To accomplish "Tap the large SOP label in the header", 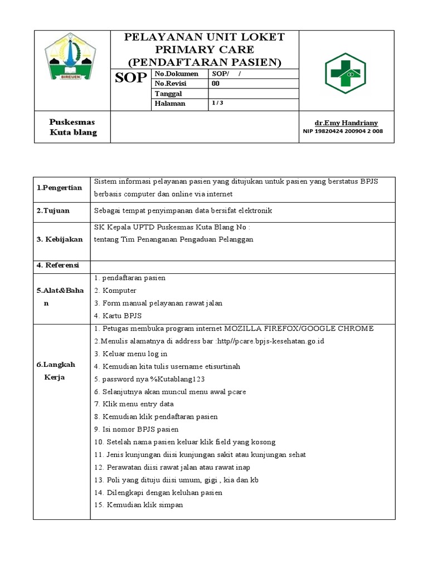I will click(131, 78).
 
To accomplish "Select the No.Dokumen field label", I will click(176, 73).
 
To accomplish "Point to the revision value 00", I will click(216, 83).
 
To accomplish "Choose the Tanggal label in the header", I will click(169, 94).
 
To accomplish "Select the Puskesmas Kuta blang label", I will click(72, 127).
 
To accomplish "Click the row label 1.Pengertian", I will click(60, 188).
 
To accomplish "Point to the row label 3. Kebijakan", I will click(60, 239).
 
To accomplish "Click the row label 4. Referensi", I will click(58, 265).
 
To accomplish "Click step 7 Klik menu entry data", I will click(134, 404).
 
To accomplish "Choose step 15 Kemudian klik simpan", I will click(139, 505).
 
